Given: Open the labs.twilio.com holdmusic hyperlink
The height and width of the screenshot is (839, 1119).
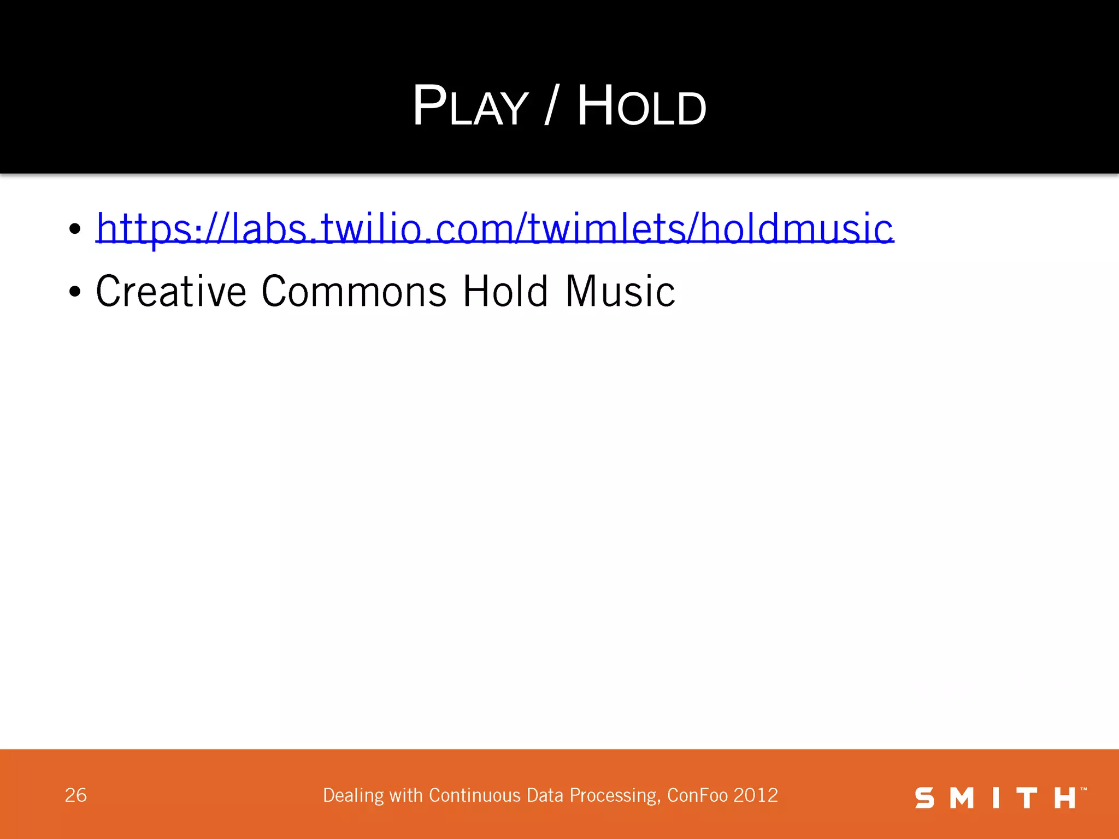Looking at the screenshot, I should click(494, 228).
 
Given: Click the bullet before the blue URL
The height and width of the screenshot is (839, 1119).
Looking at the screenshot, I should click(75, 229).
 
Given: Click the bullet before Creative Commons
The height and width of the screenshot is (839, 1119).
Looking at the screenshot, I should click(75, 292).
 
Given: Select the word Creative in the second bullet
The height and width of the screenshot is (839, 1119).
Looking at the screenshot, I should click(171, 291).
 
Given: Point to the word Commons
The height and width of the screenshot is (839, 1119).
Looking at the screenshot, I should click(354, 291).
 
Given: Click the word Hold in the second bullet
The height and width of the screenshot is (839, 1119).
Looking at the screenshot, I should click(505, 291).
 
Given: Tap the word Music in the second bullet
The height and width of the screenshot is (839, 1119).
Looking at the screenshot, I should click(620, 291).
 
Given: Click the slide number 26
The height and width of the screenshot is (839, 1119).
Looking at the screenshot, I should click(76, 795).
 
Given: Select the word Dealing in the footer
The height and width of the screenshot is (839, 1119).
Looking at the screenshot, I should click(353, 796).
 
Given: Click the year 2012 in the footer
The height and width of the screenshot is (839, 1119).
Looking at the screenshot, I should click(756, 795).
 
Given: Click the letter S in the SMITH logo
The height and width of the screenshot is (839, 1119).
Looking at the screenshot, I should click(925, 798).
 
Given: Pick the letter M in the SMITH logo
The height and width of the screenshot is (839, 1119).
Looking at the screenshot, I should click(962, 798).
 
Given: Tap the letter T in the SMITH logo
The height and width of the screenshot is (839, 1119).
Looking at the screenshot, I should click(1027, 798).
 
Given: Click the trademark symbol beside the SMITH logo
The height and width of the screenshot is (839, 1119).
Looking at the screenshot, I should click(1084, 789).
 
